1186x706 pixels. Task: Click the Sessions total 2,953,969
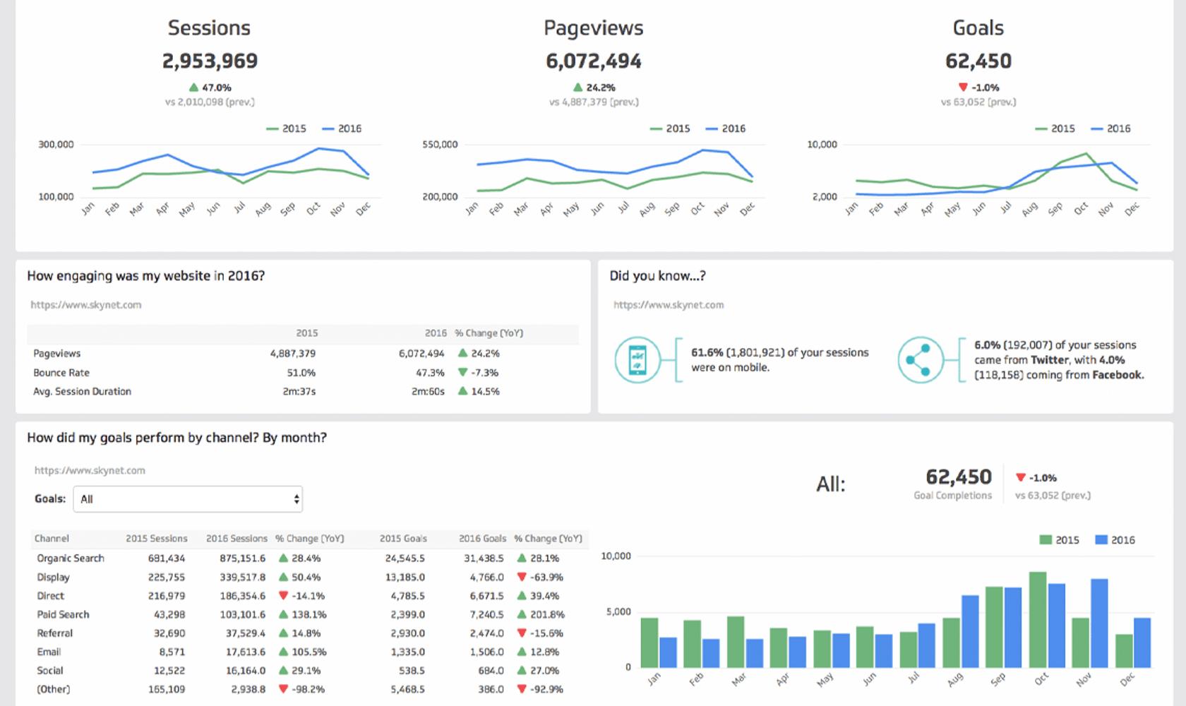[x=210, y=61]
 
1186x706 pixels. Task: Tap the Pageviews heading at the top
[x=593, y=28]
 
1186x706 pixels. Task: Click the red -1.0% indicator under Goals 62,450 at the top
[x=978, y=88]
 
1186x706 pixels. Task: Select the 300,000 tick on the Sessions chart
[x=56, y=145]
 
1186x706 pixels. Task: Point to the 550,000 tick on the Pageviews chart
[x=440, y=145]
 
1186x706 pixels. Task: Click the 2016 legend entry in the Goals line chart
[x=1111, y=128]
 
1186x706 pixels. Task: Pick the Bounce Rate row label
[x=61, y=373]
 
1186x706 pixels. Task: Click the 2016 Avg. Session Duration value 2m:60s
[x=428, y=392]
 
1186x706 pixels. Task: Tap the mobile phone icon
[x=637, y=360]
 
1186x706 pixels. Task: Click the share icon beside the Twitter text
[x=921, y=360]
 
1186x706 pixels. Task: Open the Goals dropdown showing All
[x=188, y=499]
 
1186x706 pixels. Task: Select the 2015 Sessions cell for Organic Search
[x=167, y=558]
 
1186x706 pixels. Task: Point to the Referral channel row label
[x=55, y=633]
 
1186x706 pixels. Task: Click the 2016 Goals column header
[x=482, y=539]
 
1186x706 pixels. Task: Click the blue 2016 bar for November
[x=1099, y=623]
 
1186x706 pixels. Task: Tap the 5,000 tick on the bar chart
[x=618, y=612]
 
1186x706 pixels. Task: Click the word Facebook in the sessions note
[x=1117, y=376]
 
